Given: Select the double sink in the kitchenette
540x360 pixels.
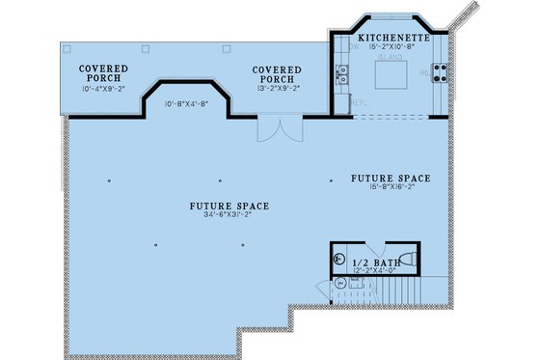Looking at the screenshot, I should coord(340,73).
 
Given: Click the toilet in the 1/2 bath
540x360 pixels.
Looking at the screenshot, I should coord(405,259).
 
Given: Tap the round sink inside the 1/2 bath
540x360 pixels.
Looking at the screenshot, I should coord(338,259).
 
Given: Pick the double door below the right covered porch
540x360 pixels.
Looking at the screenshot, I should coord(274,130).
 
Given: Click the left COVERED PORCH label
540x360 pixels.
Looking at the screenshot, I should coord(99,74).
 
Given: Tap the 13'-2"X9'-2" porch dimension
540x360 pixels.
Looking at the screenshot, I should coord(277,89).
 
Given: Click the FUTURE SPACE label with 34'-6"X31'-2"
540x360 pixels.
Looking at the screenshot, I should coord(229,206).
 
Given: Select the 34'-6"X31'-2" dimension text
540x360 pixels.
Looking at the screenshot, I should coord(229,216).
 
